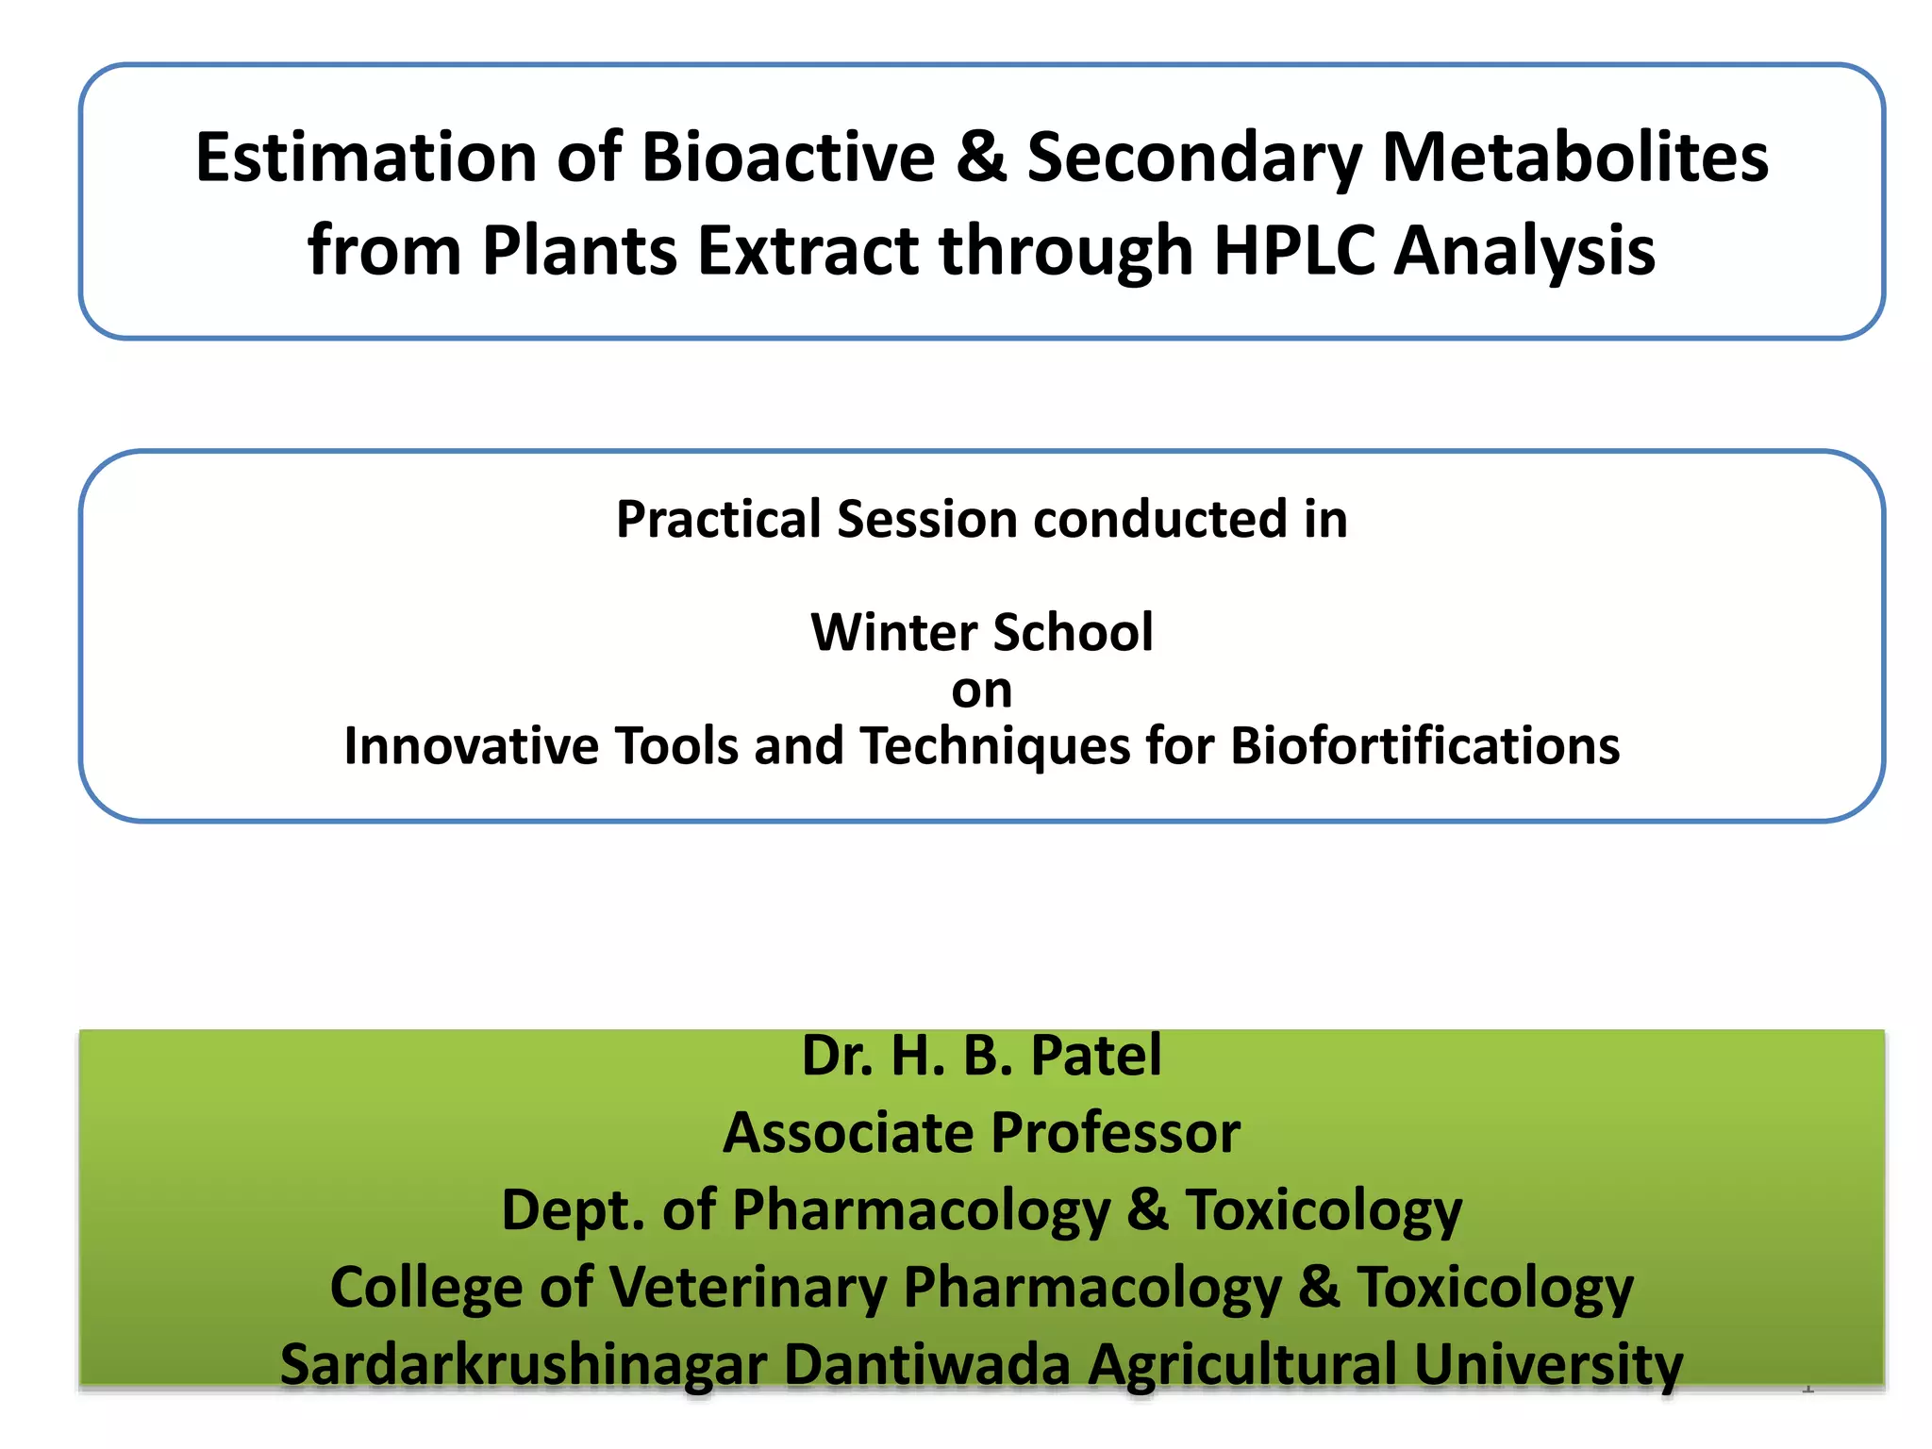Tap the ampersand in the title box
(981, 157)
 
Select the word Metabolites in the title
(1574, 157)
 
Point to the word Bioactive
(789, 157)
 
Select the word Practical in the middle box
(718, 520)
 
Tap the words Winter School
(981, 632)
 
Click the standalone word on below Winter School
(981, 691)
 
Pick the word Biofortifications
(1424, 746)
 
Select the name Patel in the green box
(1095, 1056)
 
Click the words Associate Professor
(981, 1133)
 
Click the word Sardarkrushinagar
(524, 1365)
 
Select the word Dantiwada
(926, 1365)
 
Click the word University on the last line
(1547, 1365)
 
